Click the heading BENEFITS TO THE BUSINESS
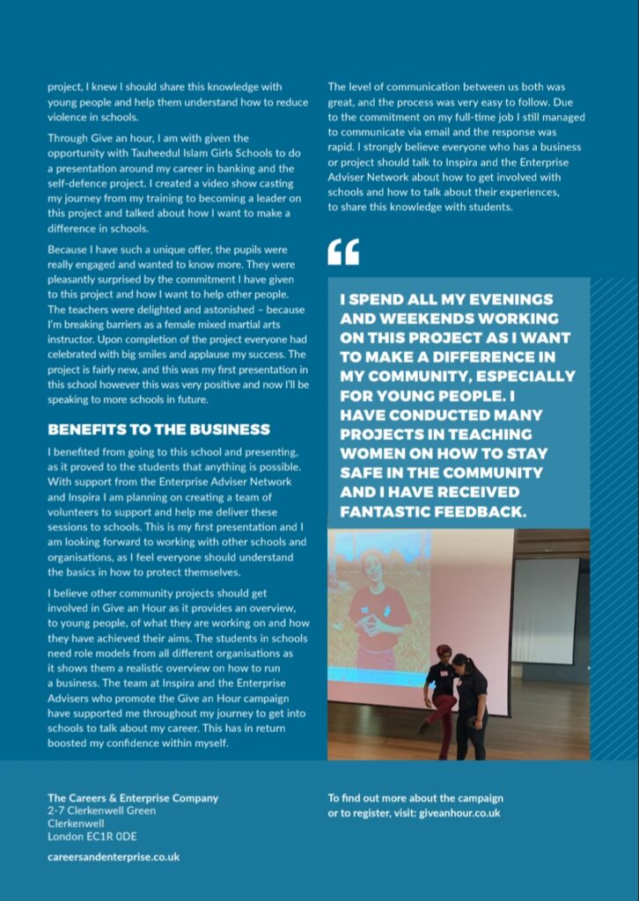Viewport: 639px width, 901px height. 158,429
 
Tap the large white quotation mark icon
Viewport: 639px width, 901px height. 343,252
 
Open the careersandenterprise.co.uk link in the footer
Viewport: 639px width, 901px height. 114,856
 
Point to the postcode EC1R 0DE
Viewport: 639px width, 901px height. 117,837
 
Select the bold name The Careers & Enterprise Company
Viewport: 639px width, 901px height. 133,798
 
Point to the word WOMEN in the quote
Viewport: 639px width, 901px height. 370,453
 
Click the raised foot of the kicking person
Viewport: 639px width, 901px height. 424,727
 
